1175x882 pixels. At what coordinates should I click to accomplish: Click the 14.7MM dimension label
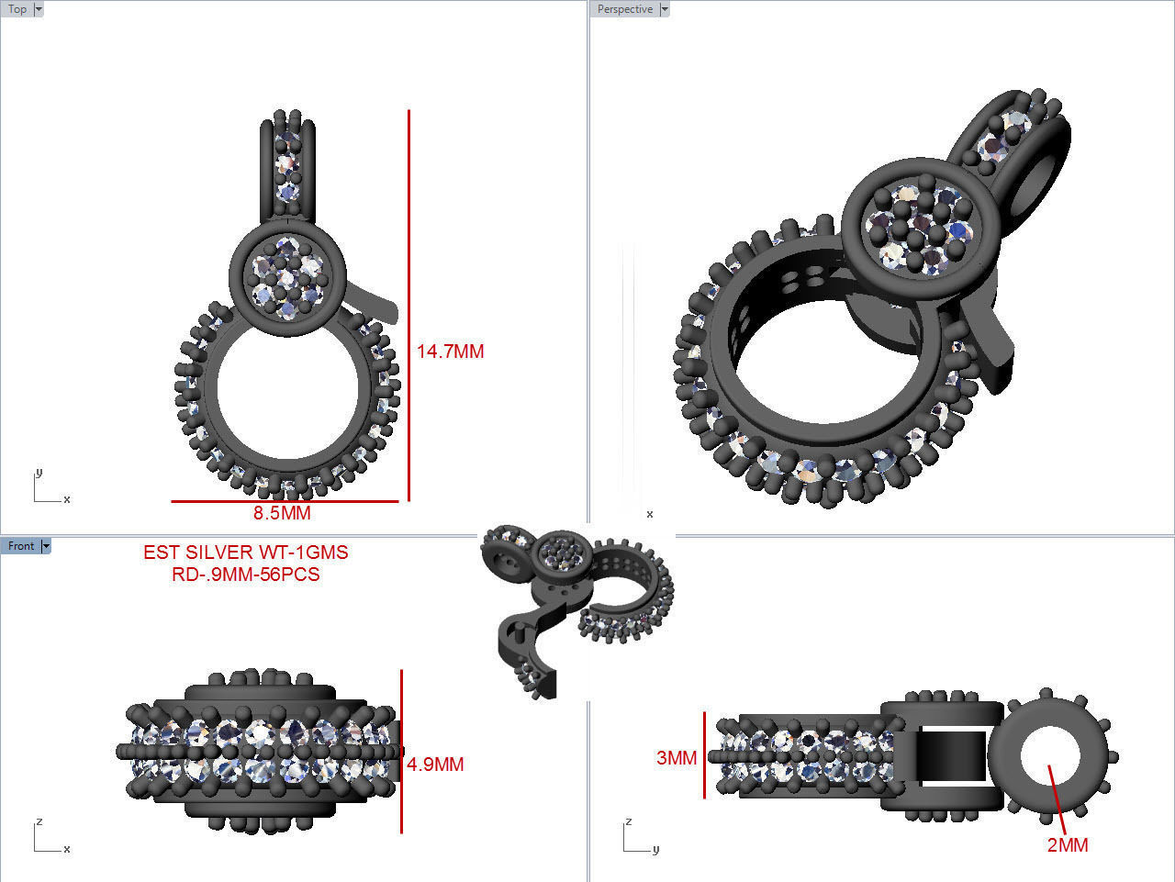(x=450, y=352)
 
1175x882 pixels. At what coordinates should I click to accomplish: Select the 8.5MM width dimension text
(x=282, y=513)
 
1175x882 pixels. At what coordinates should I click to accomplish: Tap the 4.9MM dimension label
(x=435, y=765)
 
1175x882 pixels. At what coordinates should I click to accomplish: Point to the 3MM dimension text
(x=677, y=758)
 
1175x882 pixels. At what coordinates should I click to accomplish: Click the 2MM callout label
(x=1068, y=845)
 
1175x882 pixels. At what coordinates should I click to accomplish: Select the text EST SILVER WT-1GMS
(x=245, y=553)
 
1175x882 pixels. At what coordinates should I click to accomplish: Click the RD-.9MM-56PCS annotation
(x=245, y=575)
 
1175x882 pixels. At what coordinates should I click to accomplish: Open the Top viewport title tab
(x=17, y=9)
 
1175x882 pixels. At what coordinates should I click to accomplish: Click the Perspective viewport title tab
(x=624, y=9)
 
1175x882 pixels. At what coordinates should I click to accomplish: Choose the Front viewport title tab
(x=20, y=546)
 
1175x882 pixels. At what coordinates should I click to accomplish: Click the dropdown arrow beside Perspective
(x=665, y=9)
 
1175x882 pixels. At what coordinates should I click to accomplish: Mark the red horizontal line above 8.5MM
(x=285, y=501)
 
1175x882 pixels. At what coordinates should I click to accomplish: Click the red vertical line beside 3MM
(x=705, y=754)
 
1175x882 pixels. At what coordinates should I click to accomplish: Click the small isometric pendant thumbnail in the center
(x=575, y=606)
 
